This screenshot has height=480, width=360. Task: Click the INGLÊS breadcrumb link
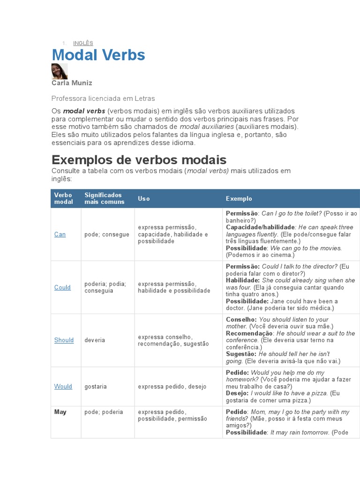[x=83, y=43]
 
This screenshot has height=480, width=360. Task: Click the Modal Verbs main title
[x=98, y=55]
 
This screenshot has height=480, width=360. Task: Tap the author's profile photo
[x=60, y=71]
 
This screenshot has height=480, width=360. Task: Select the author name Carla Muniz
[x=72, y=83]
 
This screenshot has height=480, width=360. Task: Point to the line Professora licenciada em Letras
[x=103, y=98]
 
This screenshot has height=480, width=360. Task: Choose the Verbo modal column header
[x=63, y=198]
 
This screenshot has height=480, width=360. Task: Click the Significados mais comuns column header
[x=104, y=198]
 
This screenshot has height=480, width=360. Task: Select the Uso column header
[x=144, y=199]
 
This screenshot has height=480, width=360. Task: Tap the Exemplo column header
[x=239, y=199]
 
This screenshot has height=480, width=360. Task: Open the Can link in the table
[x=60, y=234]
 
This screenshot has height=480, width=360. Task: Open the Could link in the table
[x=62, y=287]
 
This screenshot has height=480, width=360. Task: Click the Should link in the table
[x=64, y=340]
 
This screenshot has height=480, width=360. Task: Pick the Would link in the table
[x=63, y=387]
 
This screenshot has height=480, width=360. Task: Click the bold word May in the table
[x=60, y=412]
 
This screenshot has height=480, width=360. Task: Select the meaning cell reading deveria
[x=95, y=340]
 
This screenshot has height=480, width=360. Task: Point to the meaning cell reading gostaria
[x=96, y=387]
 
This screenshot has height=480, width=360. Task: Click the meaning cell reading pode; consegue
[x=107, y=234]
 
